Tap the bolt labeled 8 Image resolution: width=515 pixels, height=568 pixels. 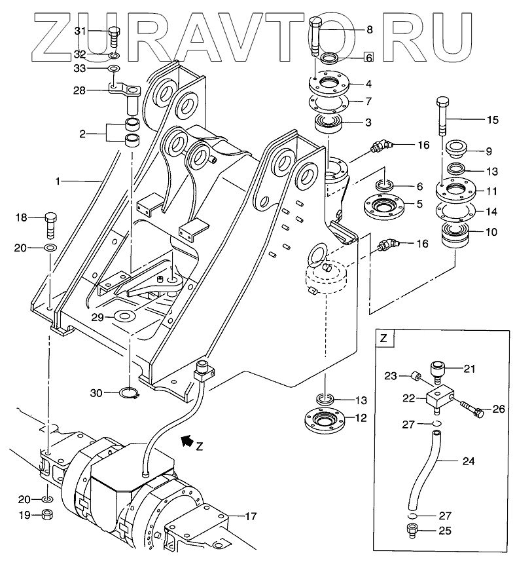pyautogui.click(x=315, y=35)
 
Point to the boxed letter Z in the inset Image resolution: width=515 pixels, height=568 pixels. pyautogui.click(x=384, y=338)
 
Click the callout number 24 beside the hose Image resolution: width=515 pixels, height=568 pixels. pyautogui.click(x=468, y=461)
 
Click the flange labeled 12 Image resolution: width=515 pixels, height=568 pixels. pyautogui.click(x=324, y=419)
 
